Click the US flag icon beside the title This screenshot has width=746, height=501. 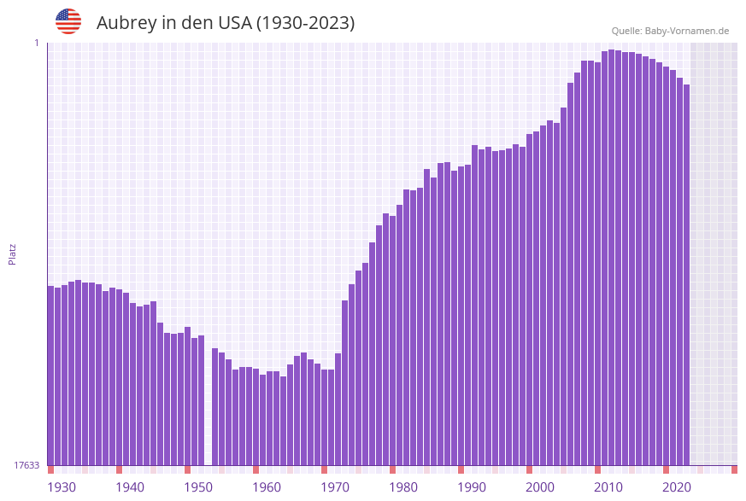point(68,21)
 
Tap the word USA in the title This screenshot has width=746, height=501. point(234,23)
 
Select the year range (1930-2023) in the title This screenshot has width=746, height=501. point(305,23)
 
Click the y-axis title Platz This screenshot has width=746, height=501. point(12,253)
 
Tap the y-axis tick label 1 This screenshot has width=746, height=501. point(36,43)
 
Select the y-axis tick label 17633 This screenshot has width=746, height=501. point(26,465)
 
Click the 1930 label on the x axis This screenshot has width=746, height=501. point(62,487)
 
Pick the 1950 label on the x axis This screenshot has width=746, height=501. point(198,487)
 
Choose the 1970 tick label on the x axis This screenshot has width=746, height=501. point(335,487)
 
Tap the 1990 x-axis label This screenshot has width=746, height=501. point(472,487)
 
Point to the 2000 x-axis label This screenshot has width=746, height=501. point(540,487)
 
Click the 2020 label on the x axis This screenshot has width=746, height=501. point(677,487)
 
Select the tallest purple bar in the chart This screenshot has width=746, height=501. point(611,256)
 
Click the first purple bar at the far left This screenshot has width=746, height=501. point(50,376)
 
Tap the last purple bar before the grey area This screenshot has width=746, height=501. point(686,273)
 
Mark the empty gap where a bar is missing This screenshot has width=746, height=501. point(208,401)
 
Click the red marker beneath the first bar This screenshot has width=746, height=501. point(50,469)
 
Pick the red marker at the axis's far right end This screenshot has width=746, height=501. point(734,469)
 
